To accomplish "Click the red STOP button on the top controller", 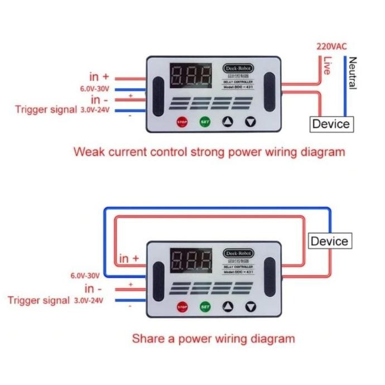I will click(182, 122).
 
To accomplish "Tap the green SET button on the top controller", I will click(205, 122).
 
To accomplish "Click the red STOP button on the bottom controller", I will click(182, 306).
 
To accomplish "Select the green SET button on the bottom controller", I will click(205, 306).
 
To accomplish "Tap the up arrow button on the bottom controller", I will click(228, 306).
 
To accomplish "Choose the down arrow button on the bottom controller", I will click(250, 306).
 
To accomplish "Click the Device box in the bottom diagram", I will click(329, 242).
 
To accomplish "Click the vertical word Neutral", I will click(352, 73).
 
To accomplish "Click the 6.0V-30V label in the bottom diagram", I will click(85, 275).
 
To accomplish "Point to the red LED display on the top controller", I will click(191, 75).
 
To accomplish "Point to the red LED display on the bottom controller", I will click(191, 259).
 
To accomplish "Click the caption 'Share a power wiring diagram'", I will click(213, 338).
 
